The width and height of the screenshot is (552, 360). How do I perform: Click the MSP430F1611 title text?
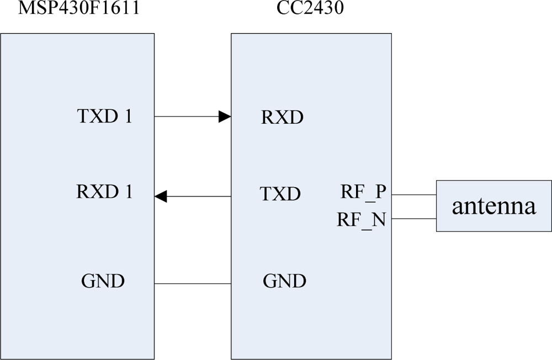tap(77, 9)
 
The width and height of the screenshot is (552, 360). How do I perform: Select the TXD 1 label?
tap(104, 117)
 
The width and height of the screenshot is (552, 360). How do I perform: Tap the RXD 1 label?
tap(104, 192)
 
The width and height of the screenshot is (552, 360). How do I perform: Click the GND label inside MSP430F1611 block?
tap(103, 281)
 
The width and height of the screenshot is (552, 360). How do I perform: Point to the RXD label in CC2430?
tap(282, 118)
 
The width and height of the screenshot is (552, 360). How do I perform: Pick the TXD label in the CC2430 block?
tap(280, 194)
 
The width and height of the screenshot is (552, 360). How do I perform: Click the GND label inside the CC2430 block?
tap(284, 281)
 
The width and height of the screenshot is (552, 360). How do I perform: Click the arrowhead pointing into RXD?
tap(224, 117)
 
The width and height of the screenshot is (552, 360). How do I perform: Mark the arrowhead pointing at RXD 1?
tap(161, 196)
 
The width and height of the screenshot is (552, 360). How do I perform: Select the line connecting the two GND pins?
tap(193, 284)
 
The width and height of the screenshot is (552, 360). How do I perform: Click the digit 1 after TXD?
tap(128, 117)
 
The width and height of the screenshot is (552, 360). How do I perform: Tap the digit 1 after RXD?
tap(128, 192)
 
